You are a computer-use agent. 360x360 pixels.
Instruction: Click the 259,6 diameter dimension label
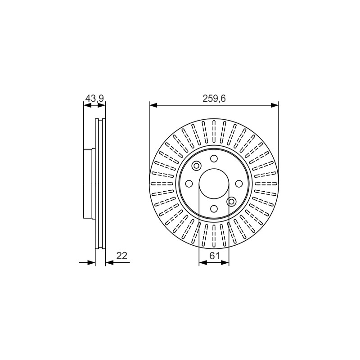coord(214,99)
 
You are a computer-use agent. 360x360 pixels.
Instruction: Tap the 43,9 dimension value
coord(94,98)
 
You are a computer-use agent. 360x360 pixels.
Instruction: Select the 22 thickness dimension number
coord(121,256)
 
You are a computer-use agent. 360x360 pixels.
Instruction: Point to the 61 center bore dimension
coord(215,256)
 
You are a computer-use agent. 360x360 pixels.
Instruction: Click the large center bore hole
coord(214,184)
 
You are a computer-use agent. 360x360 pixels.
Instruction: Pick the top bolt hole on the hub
coord(214,158)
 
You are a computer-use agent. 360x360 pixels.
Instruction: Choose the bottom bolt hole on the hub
coord(214,209)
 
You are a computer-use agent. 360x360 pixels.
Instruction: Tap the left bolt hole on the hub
coord(189,184)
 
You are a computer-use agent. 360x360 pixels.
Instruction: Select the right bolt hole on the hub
coord(239,184)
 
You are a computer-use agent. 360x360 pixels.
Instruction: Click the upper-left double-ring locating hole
coord(197,166)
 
